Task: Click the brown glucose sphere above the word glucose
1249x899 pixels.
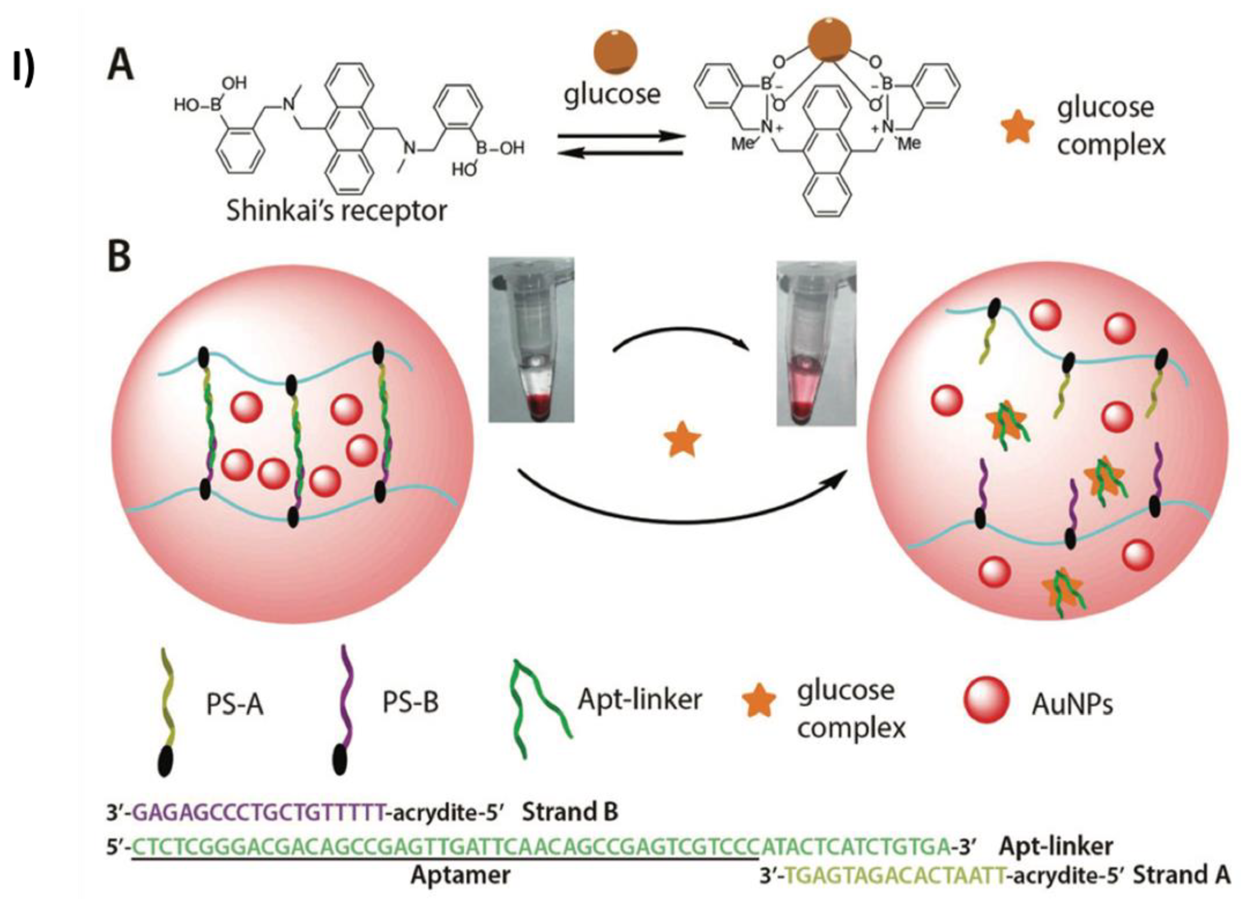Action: point(615,52)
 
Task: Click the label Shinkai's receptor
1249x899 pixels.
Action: point(337,211)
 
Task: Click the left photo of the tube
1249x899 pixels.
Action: point(531,340)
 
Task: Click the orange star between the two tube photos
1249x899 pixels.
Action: point(682,440)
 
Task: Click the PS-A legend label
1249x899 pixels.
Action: point(235,704)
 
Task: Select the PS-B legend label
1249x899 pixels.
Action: point(410,703)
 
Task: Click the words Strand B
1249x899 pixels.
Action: point(570,811)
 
